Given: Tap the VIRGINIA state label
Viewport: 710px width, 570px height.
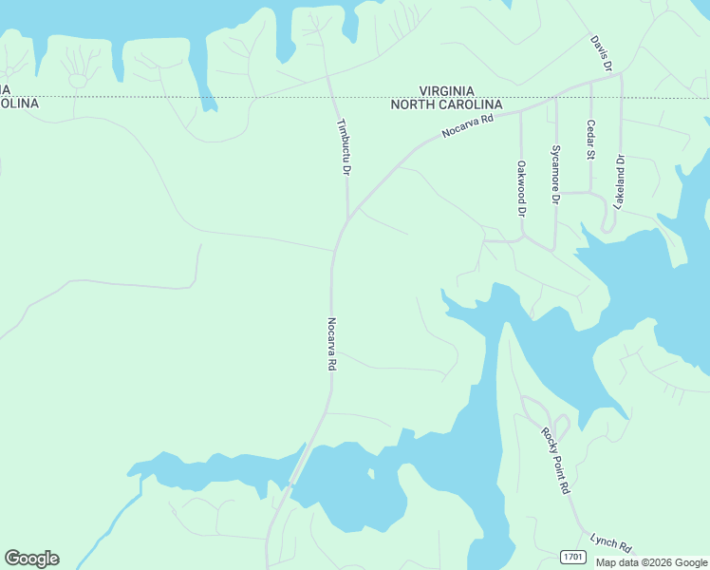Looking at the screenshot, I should pyautogui.click(x=446, y=90).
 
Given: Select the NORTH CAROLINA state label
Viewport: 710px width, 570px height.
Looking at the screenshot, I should pyautogui.click(x=446, y=104).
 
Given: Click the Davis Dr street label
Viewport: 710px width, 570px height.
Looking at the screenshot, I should pyautogui.click(x=601, y=54).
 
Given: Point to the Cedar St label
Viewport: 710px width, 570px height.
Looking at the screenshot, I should pyautogui.click(x=590, y=140).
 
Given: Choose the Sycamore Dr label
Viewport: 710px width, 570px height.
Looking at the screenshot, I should pyautogui.click(x=556, y=174).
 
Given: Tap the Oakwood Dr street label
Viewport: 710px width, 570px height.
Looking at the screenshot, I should pyautogui.click(x=521, y=188).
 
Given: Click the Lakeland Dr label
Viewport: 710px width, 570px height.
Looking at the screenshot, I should pyautogui.click(x=620, y=181).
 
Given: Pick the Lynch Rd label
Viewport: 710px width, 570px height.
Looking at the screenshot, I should pyautogui.click(x=610, y=542).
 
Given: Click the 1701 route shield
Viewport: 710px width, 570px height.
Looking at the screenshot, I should pyautogui.click(x=571, y=556).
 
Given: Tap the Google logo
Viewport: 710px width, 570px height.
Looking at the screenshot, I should pyautogui.click(x=31, y=559).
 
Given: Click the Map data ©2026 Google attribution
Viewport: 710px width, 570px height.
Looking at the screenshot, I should pyautogui.click(x=651, y=562).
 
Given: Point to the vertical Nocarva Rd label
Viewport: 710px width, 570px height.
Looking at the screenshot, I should pyautogui.click(x=332, y=344).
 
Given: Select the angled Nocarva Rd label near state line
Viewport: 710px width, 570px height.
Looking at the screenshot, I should pyautogui.click(x=469, y=125).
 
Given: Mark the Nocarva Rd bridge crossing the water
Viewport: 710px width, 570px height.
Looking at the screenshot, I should pyautogui.click(x=298, y=469).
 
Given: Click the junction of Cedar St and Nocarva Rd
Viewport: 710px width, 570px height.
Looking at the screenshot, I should pyautogui.click(x=590, y=85).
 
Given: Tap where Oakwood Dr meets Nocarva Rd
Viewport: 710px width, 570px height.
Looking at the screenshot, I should pyautogui.click(x=521, y=110).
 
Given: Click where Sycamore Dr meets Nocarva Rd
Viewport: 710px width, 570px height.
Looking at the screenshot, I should pyautogui.click(x=556, y=98).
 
